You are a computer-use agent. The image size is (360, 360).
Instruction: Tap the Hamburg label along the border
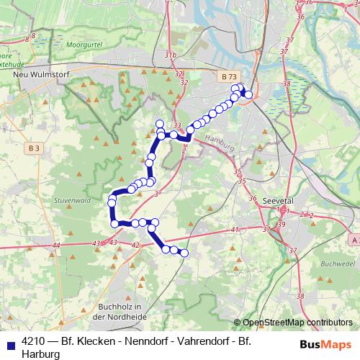pos(220,141)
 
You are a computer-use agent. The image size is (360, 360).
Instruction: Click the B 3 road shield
pos(35,148)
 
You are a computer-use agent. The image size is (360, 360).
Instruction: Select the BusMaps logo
pos(328,343)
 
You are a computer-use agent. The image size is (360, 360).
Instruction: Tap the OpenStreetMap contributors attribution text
pos(297,323)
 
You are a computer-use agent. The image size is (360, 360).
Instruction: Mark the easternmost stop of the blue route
pos(248,94)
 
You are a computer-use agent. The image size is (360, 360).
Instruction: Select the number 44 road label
pos(56,246)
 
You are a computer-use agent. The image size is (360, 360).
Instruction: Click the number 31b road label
pos(170,55)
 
